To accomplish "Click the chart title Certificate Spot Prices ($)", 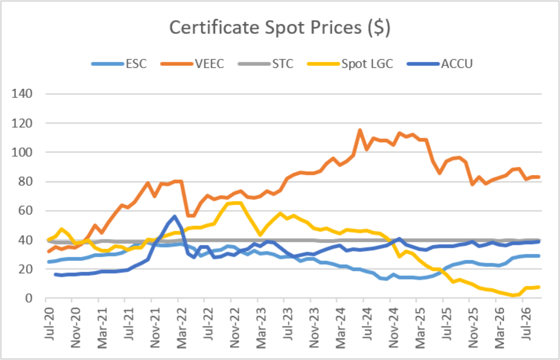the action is tap(280, 28).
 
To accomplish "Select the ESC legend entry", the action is tap(119, 64).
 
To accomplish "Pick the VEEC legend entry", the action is tap(192, 64).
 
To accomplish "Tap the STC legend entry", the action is tap(266, 64).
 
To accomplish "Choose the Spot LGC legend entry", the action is tap(350, 64).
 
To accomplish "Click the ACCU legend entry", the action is tap(440, 64).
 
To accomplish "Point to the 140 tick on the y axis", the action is tap(22, 94).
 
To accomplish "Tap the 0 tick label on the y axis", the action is tap(29, 298).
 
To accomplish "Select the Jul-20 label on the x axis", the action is tap(49, 324).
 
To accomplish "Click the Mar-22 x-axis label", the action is tap(182, 328).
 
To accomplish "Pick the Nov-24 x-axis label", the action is tap(394, 328).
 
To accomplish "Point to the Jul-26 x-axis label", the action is tap(526, 324).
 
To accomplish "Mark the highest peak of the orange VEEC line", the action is tap(360, 130).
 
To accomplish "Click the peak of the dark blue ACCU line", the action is tap(175, 217).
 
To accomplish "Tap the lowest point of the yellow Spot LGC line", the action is tap(512, 296).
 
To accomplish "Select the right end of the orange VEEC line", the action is tap(539, 177).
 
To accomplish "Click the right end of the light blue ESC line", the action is tap(539, 256).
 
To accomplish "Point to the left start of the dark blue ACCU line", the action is tap(55, 274).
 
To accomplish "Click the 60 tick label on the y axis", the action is tap(25, 210).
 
